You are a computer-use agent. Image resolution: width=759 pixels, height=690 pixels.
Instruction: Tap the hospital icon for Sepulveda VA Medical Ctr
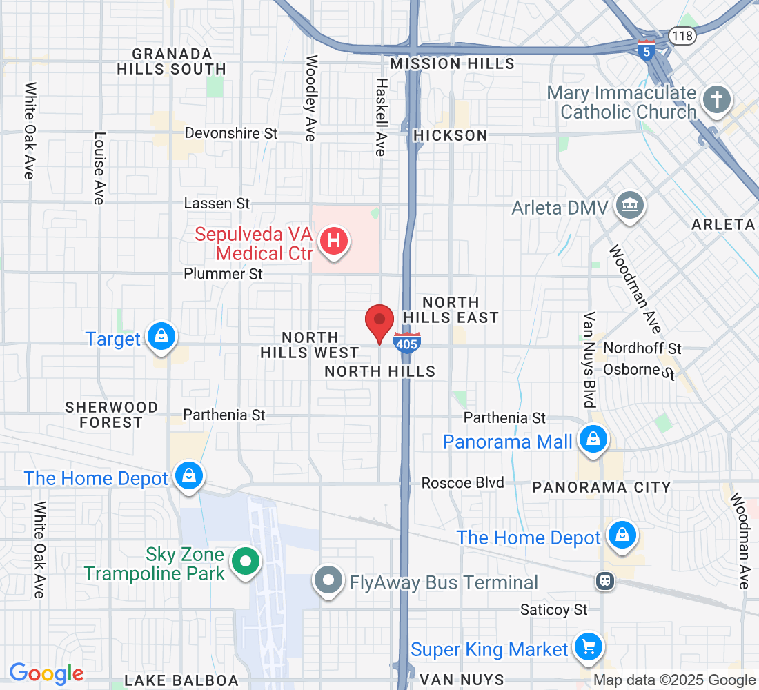tap(334, 241)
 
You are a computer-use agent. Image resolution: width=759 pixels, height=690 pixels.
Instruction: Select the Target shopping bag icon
tap(161, 337)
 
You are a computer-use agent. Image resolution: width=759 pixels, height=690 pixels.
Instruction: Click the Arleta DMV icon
tap(629, 206)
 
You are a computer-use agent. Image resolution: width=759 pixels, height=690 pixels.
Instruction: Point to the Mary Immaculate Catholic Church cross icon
tap(717, 101)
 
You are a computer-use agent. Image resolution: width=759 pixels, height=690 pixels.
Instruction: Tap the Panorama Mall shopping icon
tap(592, 440)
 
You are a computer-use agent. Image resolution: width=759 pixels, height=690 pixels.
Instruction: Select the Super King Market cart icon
tap(588, 647)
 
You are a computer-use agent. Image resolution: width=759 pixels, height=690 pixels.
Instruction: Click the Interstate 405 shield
tap(407, 342)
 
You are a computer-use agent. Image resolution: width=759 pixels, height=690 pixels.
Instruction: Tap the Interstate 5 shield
tap(646, 50)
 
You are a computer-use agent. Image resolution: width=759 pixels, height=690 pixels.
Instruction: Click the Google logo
tap(47, 673)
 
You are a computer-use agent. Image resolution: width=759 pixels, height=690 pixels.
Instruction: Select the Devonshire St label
tap(231, 133)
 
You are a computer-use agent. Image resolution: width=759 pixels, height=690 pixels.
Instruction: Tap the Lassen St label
tap(217, 204)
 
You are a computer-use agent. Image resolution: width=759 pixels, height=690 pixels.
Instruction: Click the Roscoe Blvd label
tap(463, 483)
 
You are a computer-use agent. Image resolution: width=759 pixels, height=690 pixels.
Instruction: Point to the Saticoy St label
tap(554, 610)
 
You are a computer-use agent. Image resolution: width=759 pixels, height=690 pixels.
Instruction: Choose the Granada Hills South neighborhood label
tap(172, 61)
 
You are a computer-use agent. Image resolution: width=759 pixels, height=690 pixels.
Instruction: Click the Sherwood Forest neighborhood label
tap(111, 415)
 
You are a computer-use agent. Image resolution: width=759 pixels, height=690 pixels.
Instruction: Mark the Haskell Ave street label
tap(381, 116)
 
